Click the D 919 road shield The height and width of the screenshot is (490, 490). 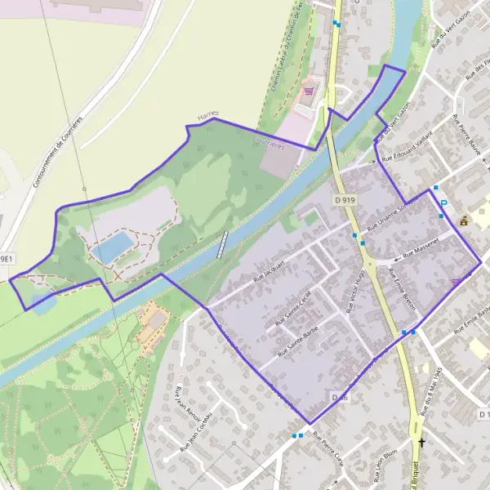pyautogui.click(x=345, y=199)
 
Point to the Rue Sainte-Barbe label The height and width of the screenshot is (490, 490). pyautogui.click(x=298, y=341)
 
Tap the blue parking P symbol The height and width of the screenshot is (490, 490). pyautogui.click(x=444, y=204)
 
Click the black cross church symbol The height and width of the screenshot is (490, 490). pyautogui.click(x=421, y=443)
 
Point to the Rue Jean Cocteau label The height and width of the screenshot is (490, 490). pyautogui.click(x=196, y=431)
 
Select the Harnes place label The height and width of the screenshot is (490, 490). pyautogui.click(x=209, y=116)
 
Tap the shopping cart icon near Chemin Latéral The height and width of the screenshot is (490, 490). pyautogui.click(x=309, y=91)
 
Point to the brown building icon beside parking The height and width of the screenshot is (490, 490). pyautogui.click(x=464, y=220)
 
